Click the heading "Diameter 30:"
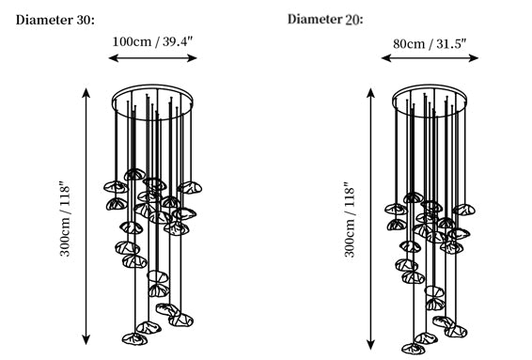tap(55, 20)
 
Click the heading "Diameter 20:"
tap(325, 20)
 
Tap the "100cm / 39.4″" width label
tap(152, 41)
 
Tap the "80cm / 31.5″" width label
tap(430, 44)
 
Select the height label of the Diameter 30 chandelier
tap(65, 219)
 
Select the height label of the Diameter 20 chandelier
tap(350, 219)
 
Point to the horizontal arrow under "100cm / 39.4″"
tap(152, 58)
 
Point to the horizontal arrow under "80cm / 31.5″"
tap(430, 58)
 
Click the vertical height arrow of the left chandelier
tap(86, 216)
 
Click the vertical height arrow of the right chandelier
tap(371, 218)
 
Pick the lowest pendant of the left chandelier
tap(134, 338)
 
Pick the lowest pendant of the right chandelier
tap(414, 349)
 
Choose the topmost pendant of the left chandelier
tap(134, 175)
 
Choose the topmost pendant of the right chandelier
tap(414, 197)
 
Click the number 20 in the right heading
tap(352, 20)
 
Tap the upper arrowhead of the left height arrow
tap(86, 92)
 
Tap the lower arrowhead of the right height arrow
tap(371, 345)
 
